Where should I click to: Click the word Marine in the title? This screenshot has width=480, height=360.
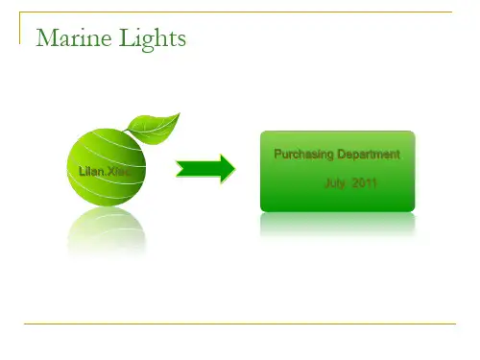tap(74, 37)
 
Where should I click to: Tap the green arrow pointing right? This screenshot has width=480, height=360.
tap(205, 169)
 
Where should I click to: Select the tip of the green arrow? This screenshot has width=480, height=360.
tap(235, 169)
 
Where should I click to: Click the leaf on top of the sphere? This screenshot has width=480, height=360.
tap(155, 129)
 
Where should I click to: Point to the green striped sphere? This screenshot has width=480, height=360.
tap(107, 167)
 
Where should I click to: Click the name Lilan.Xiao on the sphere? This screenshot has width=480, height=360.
tap(105, 172)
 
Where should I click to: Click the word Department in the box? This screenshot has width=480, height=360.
tap(369, 155)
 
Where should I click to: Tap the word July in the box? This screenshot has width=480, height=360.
tap(335, 183)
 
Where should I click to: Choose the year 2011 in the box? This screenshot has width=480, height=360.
tap(365, 183)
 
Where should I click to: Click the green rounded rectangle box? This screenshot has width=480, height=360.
tap(338, 171)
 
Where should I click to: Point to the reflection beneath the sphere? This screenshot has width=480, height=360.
tap(107, 230)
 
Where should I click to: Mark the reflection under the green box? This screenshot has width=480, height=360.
tap(338, 224)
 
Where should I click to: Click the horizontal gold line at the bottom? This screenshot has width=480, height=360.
tap(240, 324)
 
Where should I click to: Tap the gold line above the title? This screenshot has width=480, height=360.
tap(235, 12)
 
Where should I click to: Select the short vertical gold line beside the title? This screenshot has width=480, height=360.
tap(20, 28)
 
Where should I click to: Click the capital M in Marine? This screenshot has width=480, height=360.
tap(47, 37)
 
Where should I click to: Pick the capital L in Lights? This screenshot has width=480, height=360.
tap(128, 37)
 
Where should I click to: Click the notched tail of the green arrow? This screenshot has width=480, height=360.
tap(180, 169)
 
